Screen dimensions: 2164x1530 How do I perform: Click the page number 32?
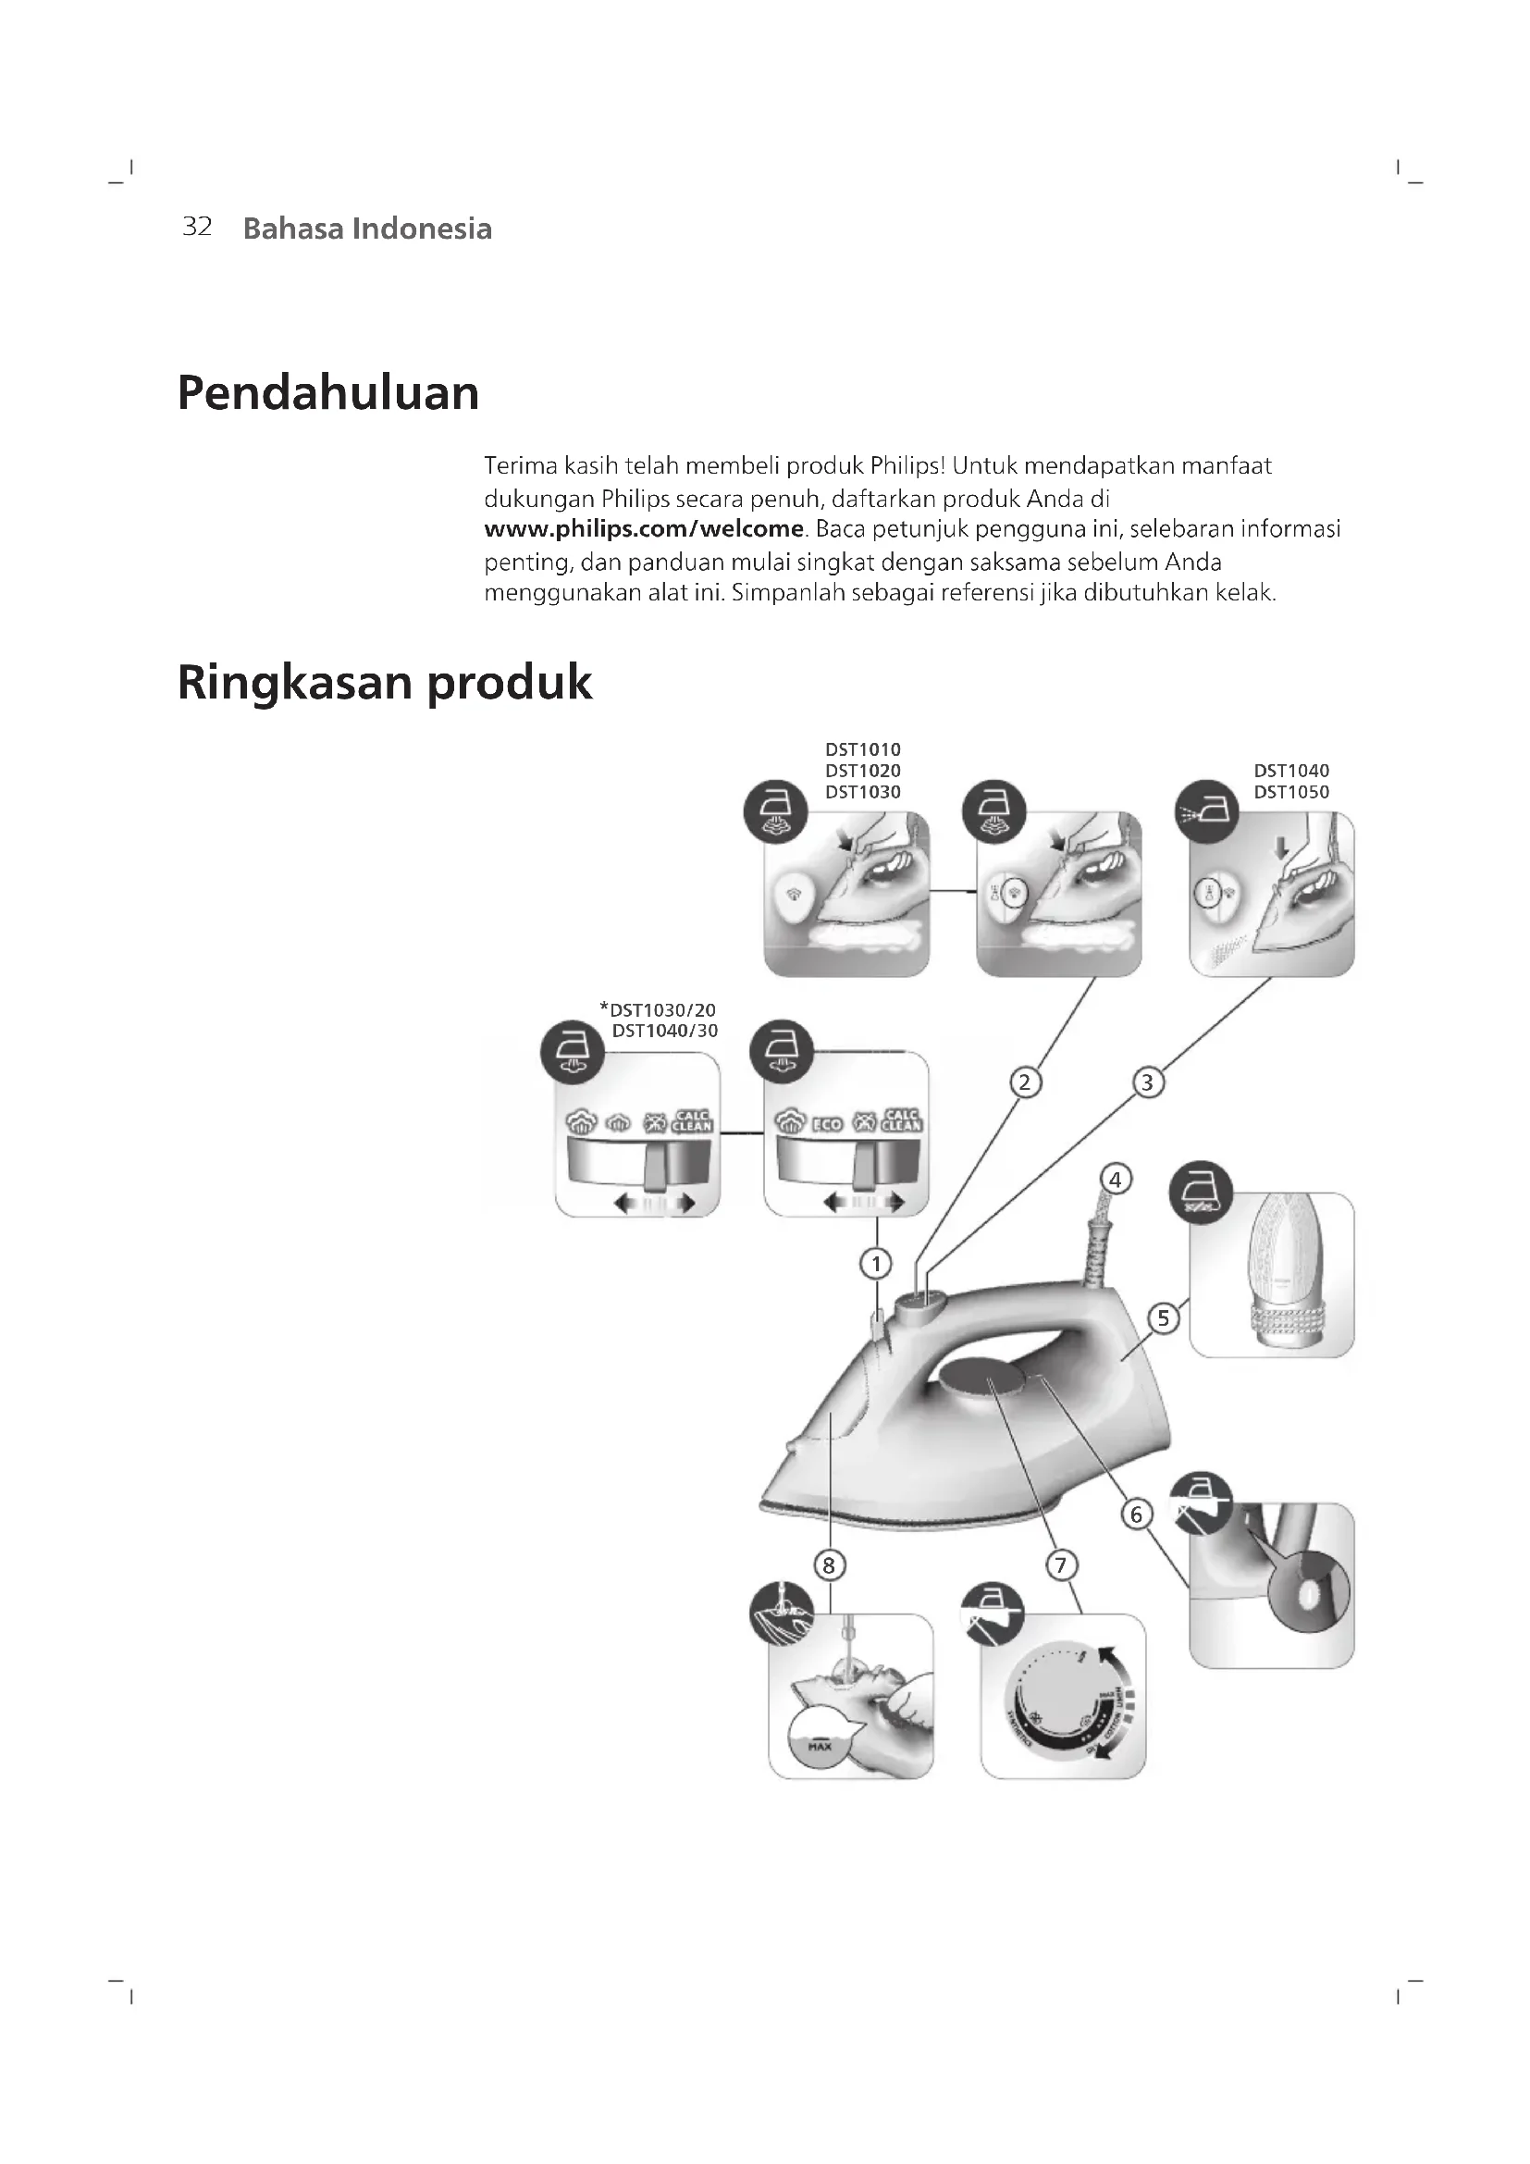pyautogui.click(x=197, y=228)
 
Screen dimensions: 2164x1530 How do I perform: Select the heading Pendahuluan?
pyautogui.click(x=327, y=393)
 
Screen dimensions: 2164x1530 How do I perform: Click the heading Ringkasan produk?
pyautogui.click(x=385, y=683)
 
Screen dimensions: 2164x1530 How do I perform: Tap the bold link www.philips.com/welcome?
pyautogui.click(x=644, y=529)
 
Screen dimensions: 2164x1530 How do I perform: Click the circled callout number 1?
pyautogui.click(x=876, y=1263)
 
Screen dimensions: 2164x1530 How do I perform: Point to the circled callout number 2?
pyautogui.click(x=1025, y=1082)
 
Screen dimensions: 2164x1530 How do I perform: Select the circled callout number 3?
pyautogui.click(x=1146, y=1082)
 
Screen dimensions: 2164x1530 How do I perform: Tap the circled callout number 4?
pyautogui.click(x=1116, y=1179)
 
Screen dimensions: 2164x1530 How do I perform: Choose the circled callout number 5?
pyautogui.click(x=1164, y=1317)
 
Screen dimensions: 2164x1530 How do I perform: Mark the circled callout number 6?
pyautogui.click(x=1136, y=1515)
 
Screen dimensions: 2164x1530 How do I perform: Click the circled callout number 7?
pyautogui.click(x=1061, y=1565)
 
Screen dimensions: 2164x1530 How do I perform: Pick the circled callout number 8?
pyautogui.click(x=829, y=1565)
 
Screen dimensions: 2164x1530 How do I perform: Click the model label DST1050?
pyautogui.click(x=1290, y=792)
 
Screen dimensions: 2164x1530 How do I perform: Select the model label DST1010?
pyautogui.click(x=863, y=749)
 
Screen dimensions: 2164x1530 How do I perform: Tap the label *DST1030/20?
pyautogui.click(x=658, y=1010)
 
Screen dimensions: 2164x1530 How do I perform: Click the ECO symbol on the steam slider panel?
pyautogui.click(x=827, y=1124)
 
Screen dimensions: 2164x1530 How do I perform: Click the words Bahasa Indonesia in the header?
pyautogui.click(x=367, y=229)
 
